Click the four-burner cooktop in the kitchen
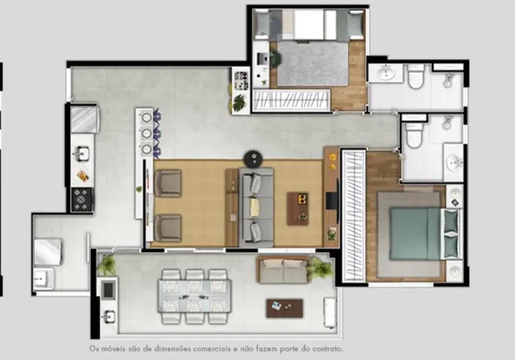tap(82, 199)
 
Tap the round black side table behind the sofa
tap(253, 159)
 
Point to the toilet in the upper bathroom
tap(415, 77)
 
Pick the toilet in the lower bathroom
tap(413, 133)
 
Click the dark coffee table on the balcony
tap(284, 308)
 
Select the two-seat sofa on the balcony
tap(283, 270)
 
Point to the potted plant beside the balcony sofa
tap(320, 269)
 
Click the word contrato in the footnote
tap(326, 349)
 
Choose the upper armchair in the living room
tap(168, 183)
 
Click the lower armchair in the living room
tap(168, 228)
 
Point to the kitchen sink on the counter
tap(81, 152)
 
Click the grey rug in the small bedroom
tap(313, 63)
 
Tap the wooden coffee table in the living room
tap(298, 208)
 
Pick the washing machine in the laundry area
tap(48, 250)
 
